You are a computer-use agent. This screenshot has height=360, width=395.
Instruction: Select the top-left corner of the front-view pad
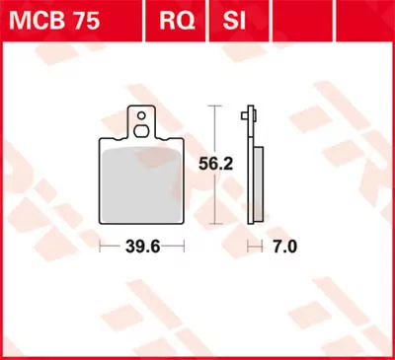click(104, 140)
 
